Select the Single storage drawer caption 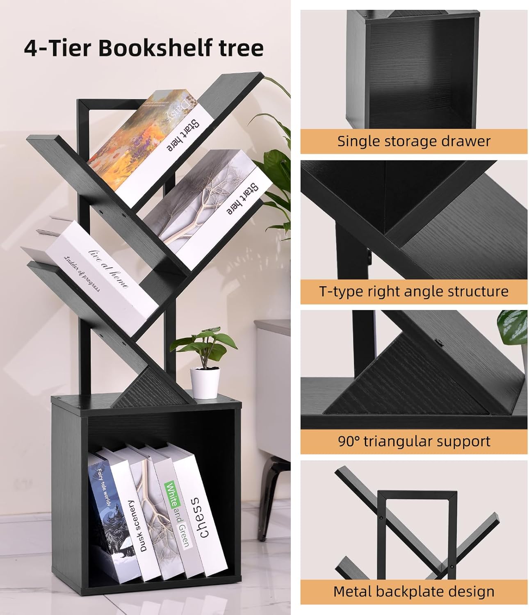click(414, 141)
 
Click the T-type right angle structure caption click(414, 291)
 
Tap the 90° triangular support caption click(414, 441)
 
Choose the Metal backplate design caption click(414, 591)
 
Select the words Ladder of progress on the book click(82, 274)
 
